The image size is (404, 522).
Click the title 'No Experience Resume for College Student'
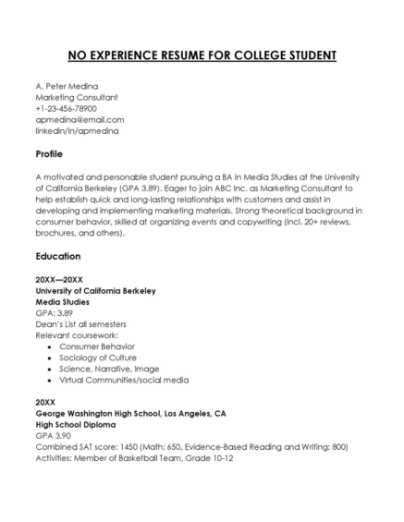tap(202, 55)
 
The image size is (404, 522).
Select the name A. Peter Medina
tap(67, 86)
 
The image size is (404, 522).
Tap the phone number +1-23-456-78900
tap(66, 108)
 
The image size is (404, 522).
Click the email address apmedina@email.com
tap(80, 119)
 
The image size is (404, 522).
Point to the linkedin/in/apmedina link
tap(77, 130)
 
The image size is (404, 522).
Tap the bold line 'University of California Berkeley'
tap(95, 290)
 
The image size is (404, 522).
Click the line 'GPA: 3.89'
tap(54, 312)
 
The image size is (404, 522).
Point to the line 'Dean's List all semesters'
tap(81, 323)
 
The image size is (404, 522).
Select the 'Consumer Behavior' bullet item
tap(99, 346)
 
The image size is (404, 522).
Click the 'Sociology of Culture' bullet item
tap(98, 358)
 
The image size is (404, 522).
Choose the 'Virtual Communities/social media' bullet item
tap(124, 380)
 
